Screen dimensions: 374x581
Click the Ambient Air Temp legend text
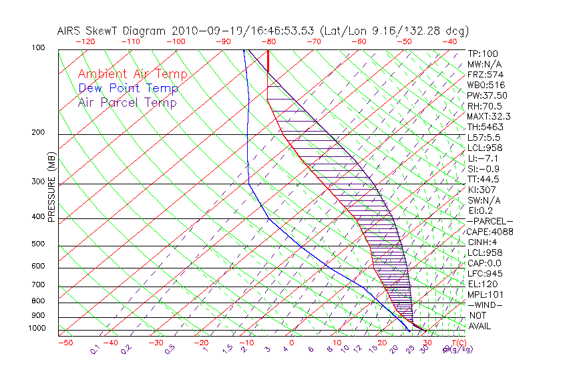pyautogui.click(x=132, y=74)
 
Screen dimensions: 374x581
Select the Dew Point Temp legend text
pyautogui.click(x=128, y=88)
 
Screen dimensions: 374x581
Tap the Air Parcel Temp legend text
pyautogui.click(x=128, y=102)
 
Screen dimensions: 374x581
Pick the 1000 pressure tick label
pyautogui.click(x=38, y=329)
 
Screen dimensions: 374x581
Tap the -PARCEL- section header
pyautogui.click(x=490, y=221)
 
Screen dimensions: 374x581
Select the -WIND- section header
pyautogui.click(x=485, y=305)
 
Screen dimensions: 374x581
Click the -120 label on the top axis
pyautogui.click(x=85, y=41)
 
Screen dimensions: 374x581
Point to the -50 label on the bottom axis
pyautogui.click(x=65, y=343)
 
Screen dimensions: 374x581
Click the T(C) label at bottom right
pyautogui.click(x=457, y=343)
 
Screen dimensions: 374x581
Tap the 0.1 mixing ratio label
pyautogui.click(x=95, y=349)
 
